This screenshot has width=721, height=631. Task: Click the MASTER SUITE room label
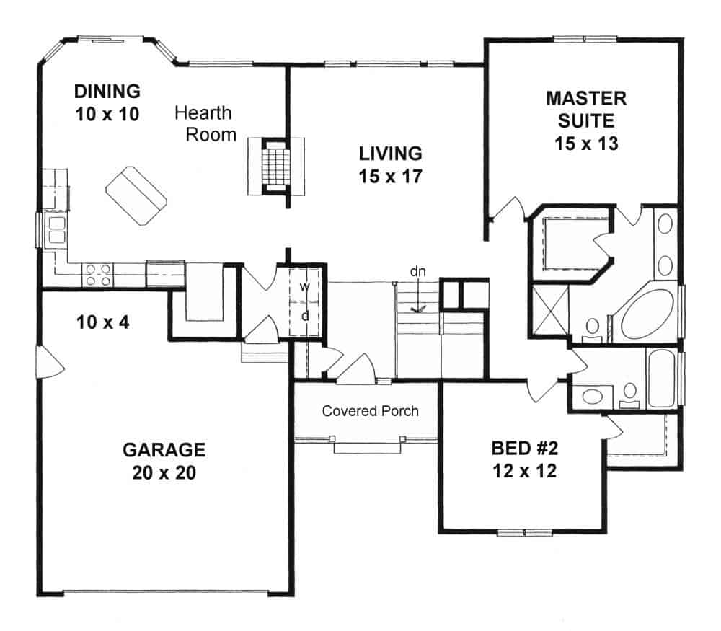point(585,108)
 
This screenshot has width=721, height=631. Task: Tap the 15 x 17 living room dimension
point(390,176)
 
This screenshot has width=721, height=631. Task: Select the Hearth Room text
point(205,123)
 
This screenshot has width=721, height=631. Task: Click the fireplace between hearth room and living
point(276,165)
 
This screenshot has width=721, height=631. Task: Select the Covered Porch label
point(370,411)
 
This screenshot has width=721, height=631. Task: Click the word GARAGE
point(164,450)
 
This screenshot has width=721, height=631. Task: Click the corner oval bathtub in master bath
point(649,314)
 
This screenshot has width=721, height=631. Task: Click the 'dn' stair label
point(417,272)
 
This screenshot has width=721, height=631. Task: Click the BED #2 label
point(525,449)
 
